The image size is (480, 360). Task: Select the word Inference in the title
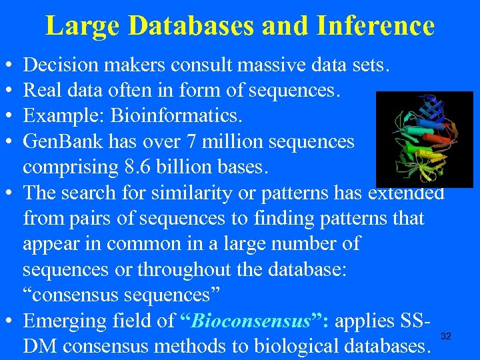coord(376,26)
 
